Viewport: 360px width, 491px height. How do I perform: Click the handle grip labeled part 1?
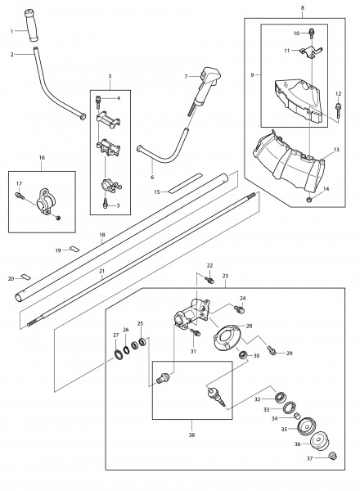(31, 25)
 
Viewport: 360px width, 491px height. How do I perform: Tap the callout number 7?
(186, 76)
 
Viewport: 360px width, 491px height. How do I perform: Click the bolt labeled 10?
(312, 33)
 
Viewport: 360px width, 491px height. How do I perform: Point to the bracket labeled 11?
(311, 52)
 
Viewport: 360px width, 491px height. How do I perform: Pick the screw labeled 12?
(338, 109)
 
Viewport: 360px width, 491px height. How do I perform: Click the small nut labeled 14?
(308, 199)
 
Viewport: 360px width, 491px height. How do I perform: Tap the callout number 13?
(336, 150)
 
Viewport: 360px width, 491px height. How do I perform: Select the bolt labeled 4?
(98, 101)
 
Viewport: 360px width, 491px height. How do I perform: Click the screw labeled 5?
(106, 203)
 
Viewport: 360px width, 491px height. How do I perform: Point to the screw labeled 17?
(20, 195)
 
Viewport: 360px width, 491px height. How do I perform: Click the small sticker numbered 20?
(25, 277)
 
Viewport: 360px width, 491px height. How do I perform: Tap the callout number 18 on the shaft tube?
(102, 235)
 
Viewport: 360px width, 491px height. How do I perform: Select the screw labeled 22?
(209, 279)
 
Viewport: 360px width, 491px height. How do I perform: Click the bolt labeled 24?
(239, 309)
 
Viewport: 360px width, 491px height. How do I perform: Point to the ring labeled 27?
(119, 355)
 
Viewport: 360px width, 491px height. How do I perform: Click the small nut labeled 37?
(332, 456)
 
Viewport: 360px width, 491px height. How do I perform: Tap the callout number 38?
(192, 435)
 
